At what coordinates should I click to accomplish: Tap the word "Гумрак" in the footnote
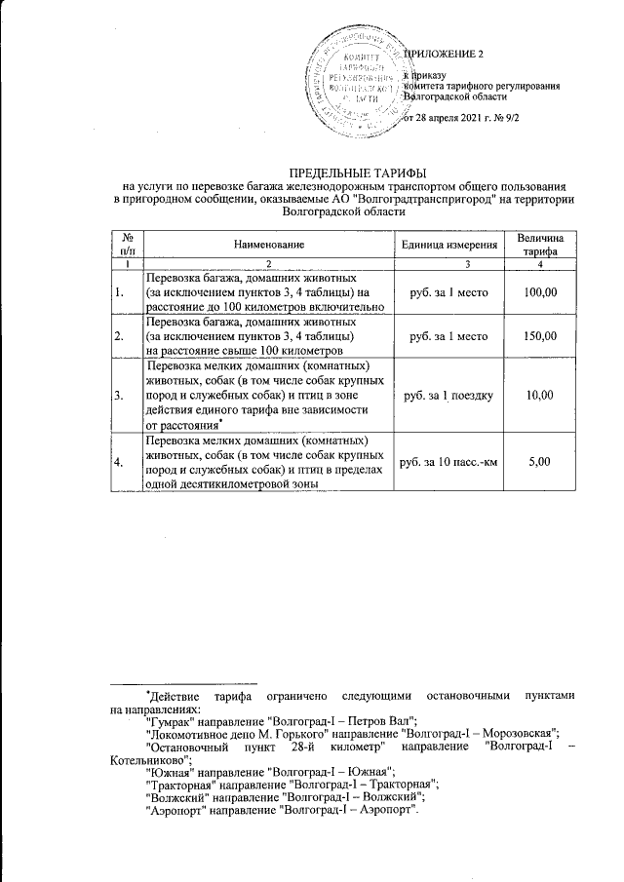[169, 722]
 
